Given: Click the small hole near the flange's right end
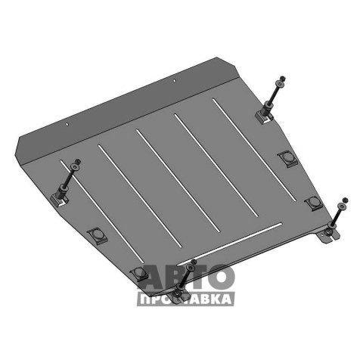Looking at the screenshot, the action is point(175,81).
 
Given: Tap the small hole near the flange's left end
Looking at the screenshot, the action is point(67,124).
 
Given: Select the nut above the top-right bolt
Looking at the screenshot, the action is point(283,78).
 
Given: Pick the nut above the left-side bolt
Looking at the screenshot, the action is point(78,161).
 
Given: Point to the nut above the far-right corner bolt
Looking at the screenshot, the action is point(346,200).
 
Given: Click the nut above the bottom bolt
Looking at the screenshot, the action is point(194,262).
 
